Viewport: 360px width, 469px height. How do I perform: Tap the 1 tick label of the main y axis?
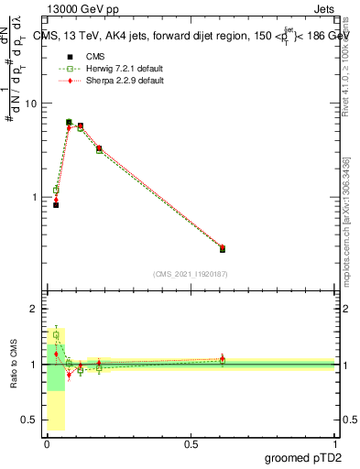click(34, 197)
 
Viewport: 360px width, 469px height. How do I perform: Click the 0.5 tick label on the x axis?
click(191, 444)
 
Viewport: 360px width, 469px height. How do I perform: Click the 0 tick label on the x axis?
click(47, 444)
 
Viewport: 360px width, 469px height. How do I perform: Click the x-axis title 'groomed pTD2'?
click(303, 458)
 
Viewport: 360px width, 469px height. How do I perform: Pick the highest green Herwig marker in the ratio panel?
click(56, 335)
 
